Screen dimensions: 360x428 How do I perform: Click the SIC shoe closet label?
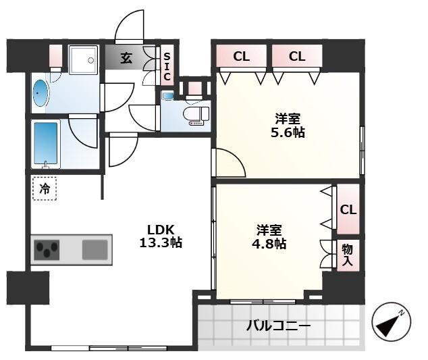[x=167, y=66]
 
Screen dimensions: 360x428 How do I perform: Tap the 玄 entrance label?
[x=127, y=58]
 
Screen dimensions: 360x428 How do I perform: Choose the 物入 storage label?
[x=347, y=255]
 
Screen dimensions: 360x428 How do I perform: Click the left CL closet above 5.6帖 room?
[x=242, y=57]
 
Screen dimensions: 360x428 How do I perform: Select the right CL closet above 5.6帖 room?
[x=297, y=57]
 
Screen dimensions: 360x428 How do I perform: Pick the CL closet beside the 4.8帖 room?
[x=348, y=210]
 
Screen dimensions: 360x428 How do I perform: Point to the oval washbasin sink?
[x=40, y=93]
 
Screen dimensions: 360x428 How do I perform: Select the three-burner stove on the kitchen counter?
[x=47, y=250]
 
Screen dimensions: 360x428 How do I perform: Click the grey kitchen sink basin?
[x=95, y=250]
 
